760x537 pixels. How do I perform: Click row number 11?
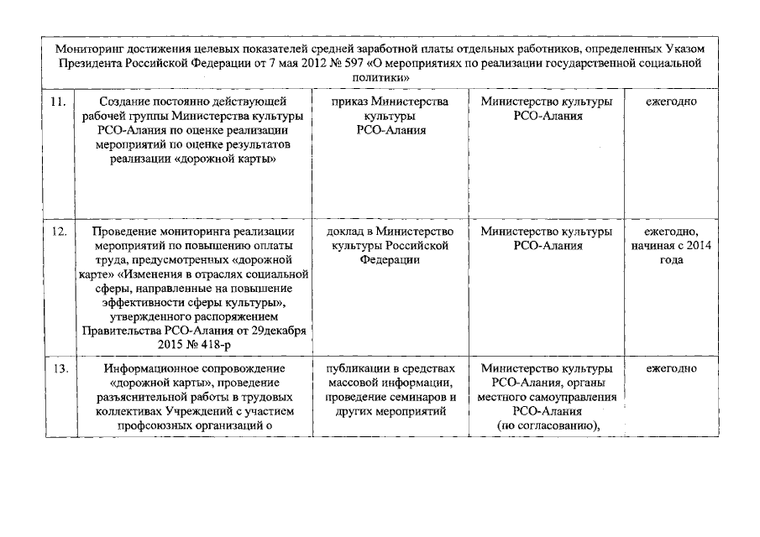click(58, 102)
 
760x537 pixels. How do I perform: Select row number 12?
click(58, 232)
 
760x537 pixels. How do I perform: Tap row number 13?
click(58, 368)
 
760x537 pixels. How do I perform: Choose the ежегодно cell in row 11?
click(671, 102)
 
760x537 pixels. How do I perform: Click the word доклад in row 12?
click(344, 232)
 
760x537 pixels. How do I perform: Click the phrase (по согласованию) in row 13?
click(548, 425)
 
